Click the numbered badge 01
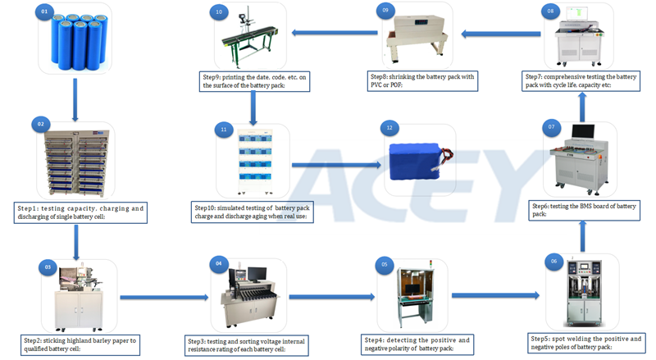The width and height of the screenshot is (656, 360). point(46,13)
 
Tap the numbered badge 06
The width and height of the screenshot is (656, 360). point(554,261)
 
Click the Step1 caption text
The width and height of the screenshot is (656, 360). point(80,213)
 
